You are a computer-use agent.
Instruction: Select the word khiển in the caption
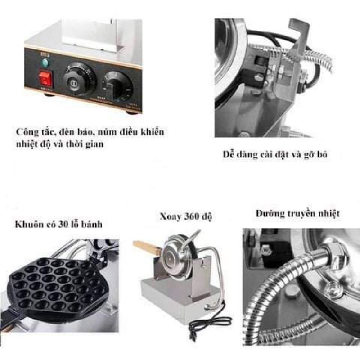150,132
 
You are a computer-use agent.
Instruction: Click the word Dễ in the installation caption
229,155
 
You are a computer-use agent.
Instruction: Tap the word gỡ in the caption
308,155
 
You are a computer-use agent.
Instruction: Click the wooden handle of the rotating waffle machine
146,247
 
